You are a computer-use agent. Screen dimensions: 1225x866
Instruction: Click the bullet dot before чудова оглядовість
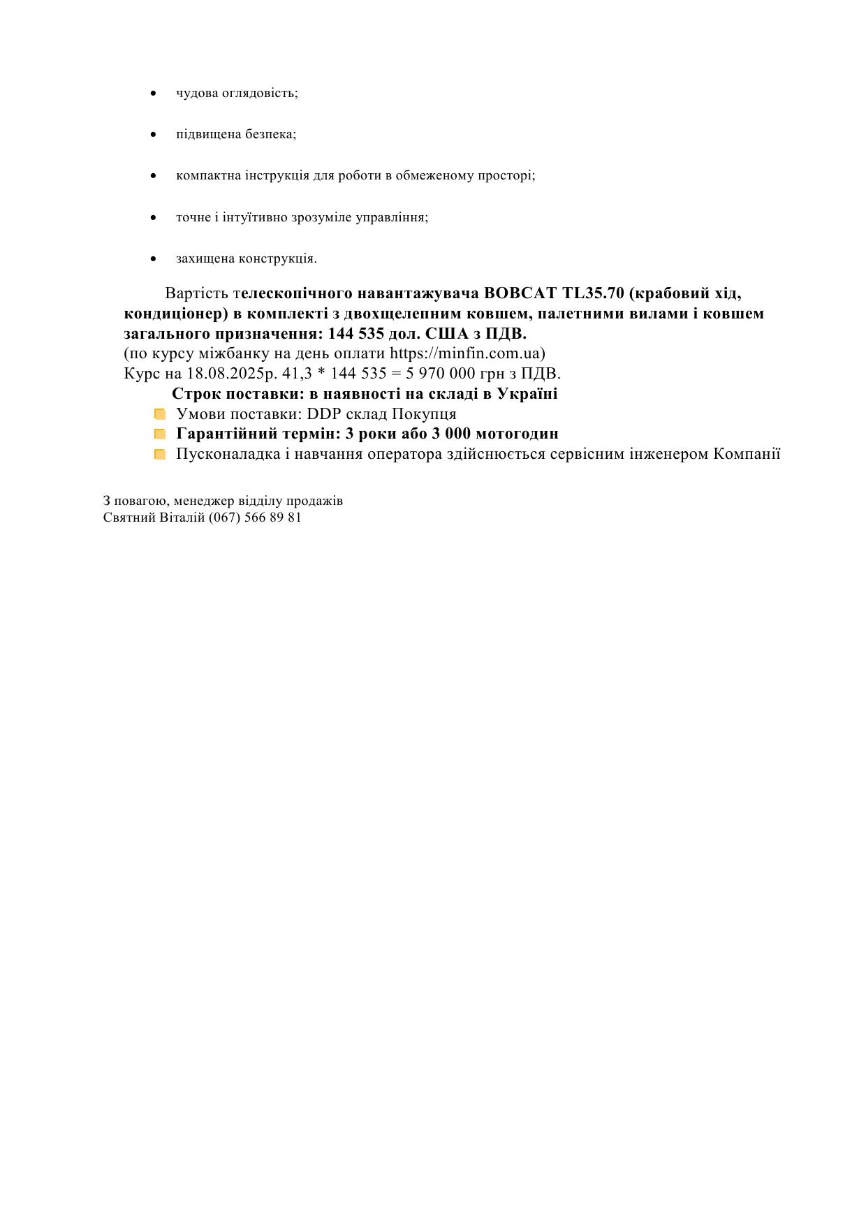pos(154,93)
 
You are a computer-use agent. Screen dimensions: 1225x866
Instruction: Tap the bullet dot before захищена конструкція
pos(154,259)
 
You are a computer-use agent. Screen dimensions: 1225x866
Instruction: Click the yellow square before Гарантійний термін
pos(160,434)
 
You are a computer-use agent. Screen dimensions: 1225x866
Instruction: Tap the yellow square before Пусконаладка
pos(160,455)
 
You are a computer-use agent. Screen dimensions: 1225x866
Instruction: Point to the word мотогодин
pos(517,434)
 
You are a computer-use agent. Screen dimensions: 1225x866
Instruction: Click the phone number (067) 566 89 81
pos(255,518)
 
